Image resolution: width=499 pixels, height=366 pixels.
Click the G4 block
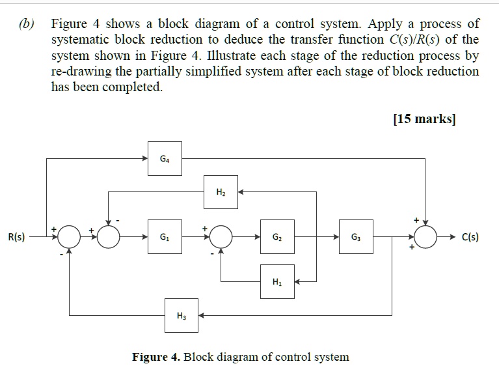point(165,158)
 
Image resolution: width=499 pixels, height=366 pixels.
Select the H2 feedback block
point(221,191)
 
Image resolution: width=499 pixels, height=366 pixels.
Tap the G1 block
point(165,237)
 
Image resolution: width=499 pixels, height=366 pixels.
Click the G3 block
point(355,237)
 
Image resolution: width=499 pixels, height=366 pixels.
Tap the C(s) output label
point(470,237)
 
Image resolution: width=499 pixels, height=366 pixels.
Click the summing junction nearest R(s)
point(70,238)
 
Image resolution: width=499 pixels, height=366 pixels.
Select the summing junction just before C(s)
point(426,238)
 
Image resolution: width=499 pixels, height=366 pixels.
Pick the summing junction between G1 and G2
point(221,238)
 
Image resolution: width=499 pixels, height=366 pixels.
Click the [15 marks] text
point(424,119)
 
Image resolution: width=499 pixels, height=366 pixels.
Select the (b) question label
point(27,24)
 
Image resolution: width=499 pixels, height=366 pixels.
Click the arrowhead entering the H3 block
point(202,315)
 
